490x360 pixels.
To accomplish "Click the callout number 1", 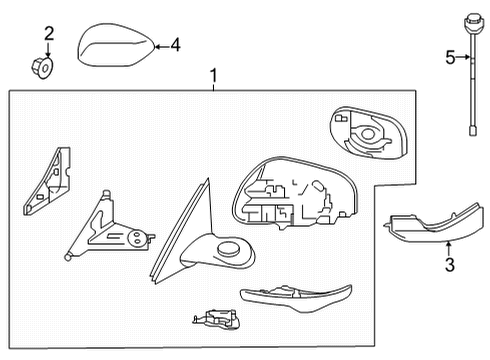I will coord(211,75).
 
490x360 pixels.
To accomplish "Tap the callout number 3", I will coord(450,264).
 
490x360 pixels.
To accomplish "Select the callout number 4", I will coord(176,44).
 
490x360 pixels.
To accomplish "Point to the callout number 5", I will coord(449,58).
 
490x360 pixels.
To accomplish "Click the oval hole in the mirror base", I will coord(229,249).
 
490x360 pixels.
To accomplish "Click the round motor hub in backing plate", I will coord(371,133).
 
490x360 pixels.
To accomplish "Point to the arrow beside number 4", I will coord(160,44).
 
